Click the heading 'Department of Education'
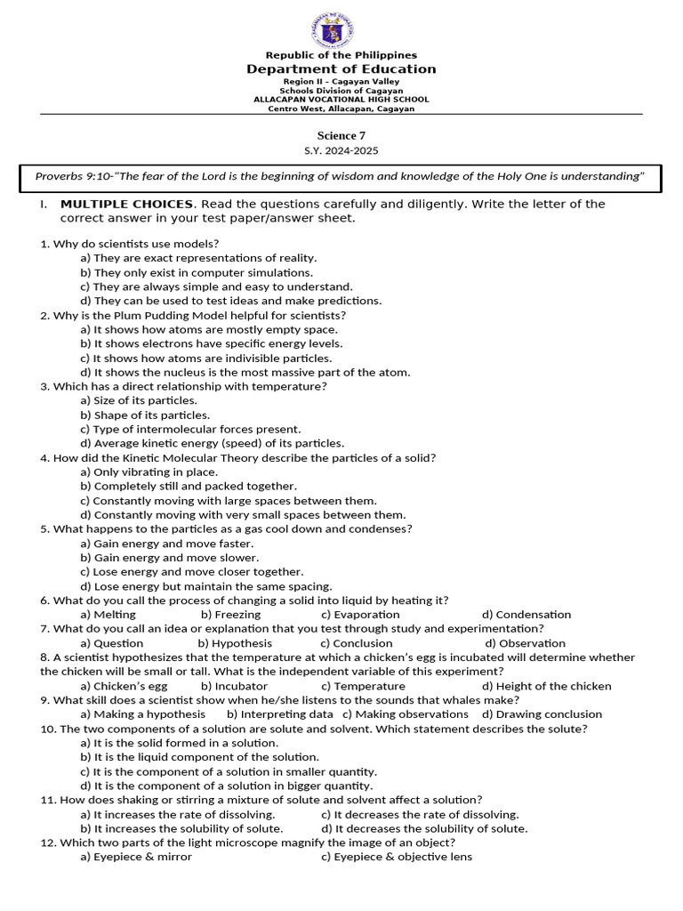click(341, 69)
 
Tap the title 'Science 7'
click(341, 135)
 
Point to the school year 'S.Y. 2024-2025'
click(341, 151)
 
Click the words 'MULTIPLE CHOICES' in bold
click(126, 204)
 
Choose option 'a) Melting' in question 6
click(108, 615)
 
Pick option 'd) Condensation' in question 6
click(526, 615)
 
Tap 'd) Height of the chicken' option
click(547, 686)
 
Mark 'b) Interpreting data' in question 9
click(280, 714)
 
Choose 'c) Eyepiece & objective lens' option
click(397, 857)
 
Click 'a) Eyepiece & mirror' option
click(136, 857)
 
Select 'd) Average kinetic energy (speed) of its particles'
click(212, 443)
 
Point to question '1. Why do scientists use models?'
click(130, 244)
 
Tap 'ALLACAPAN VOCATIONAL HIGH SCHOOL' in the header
click(341, 100)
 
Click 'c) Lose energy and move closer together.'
click(192, 572)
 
